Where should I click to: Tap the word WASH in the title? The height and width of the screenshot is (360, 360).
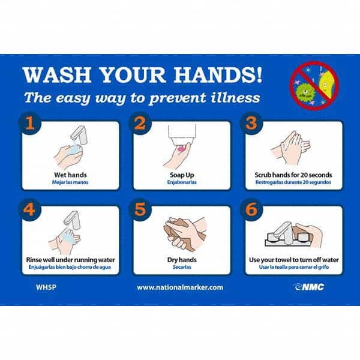click(51, 75)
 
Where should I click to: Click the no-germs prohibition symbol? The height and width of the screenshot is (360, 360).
click(314, 85)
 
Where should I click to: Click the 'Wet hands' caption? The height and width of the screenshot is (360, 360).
click(70, 175)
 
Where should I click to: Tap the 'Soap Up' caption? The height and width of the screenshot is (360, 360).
click(182, 175)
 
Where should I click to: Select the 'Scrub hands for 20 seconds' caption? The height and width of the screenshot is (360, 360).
click(293, 175)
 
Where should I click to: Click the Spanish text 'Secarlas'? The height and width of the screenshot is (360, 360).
click(182, 268)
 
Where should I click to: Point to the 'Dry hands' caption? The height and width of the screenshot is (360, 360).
click(182, 260)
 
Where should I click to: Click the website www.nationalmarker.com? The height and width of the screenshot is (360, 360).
click(180, 287)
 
